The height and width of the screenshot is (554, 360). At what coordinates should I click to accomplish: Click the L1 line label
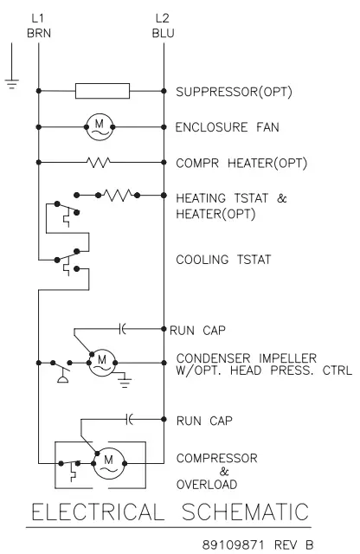[39, 16]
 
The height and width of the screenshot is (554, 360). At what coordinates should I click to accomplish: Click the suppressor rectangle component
[103, 90]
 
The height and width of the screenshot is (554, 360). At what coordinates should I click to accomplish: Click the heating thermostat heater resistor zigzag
[117, 195]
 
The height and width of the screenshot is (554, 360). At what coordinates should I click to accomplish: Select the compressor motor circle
[108, 464]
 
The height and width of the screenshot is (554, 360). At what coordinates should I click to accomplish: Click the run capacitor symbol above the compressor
[129, 419]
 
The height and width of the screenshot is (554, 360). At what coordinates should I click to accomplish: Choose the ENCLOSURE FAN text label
[219, 126]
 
